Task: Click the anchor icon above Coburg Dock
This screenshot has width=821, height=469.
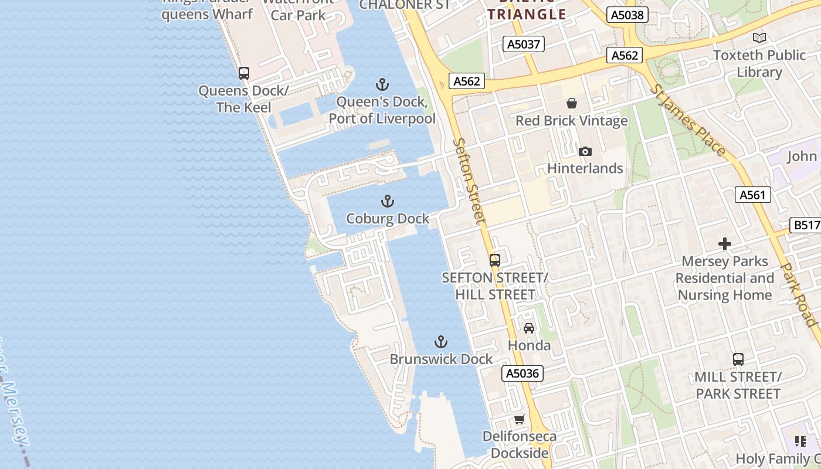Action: click(x=387, y=202)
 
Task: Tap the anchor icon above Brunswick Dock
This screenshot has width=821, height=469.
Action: click(x=441, y=342)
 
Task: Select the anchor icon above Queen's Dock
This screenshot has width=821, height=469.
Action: click(x=382, y=84)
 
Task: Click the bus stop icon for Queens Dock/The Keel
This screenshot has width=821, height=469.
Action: click(x=244, y=73)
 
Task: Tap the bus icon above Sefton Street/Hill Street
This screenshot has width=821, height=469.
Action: click(x=495, y=260)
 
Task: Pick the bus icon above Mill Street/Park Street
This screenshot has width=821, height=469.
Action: click(x=738, y=359)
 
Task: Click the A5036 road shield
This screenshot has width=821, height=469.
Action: click(x=523, y=373)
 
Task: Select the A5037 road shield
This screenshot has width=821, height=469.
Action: click(x=524, y=44)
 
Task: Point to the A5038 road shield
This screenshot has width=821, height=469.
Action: click(x=627, y=15)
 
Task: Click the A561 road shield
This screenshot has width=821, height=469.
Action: click(x=753, y=195)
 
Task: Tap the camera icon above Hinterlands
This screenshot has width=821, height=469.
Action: click(x=585, y=151)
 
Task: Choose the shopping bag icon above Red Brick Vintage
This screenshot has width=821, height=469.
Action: click(x=572, y=103)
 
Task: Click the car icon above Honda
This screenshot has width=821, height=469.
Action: click(x=529, y=328)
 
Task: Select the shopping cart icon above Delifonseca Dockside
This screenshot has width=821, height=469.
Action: click(x=519, y=419)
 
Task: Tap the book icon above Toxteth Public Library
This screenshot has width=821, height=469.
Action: click(x=759, y=38)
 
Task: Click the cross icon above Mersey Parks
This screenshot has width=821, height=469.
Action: click(x=725, y=244)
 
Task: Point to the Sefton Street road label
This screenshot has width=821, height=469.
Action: click(x=470, y=182)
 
